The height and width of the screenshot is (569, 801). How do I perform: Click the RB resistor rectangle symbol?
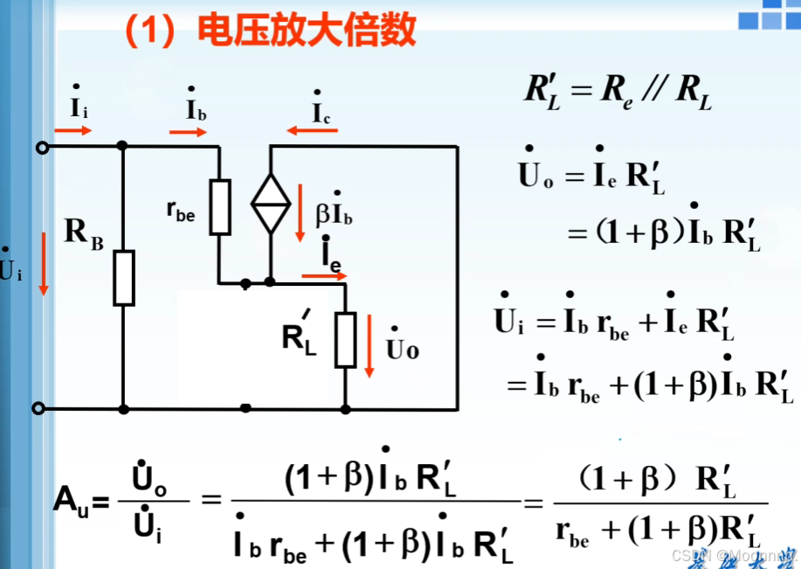click(124, 277)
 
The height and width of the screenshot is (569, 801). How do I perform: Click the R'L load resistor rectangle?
click(346, 339)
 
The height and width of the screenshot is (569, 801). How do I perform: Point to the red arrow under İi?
click(73, 132)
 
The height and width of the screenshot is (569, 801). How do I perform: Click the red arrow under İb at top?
click(188, 133)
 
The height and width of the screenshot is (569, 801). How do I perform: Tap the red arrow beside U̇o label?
click(369, 347)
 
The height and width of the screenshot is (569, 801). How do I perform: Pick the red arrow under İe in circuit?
click(324, 275)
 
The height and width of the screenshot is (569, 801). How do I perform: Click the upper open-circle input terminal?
click(38, 147)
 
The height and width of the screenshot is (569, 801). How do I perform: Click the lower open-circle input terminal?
click(38, 408)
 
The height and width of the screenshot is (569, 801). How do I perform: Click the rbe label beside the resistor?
click(180, 211)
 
